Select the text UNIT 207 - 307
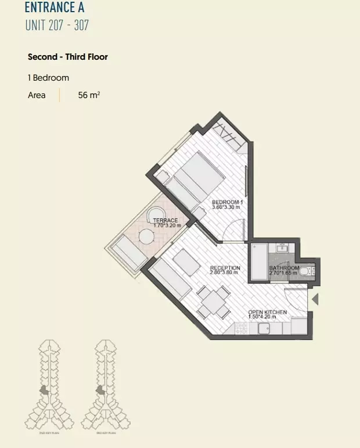coord(57,26)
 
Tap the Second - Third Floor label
coord(68,57)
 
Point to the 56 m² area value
coord(89,95)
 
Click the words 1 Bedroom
coord(48,78)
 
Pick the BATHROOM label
coord(284,270)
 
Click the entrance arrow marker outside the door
coord(315,299)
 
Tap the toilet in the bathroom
coord(305,270)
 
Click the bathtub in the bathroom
coord(258,262)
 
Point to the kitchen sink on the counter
coord(264,328)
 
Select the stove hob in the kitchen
coord(241,328)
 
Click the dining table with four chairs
coord(213,301)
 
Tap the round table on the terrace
coord(146,236)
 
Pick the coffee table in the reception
coord(186,262)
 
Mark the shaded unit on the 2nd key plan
coord(44,391)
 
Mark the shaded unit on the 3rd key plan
coord(100,391)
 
